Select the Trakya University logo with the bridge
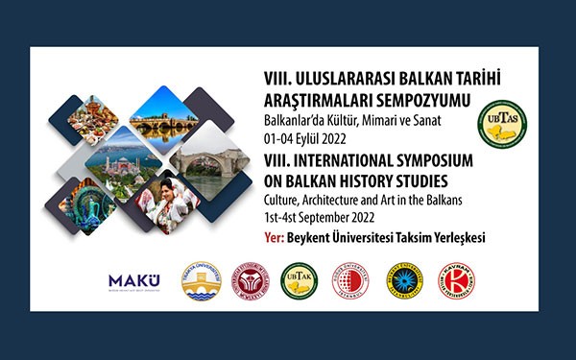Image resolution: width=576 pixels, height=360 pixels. [x=201, y=280]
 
